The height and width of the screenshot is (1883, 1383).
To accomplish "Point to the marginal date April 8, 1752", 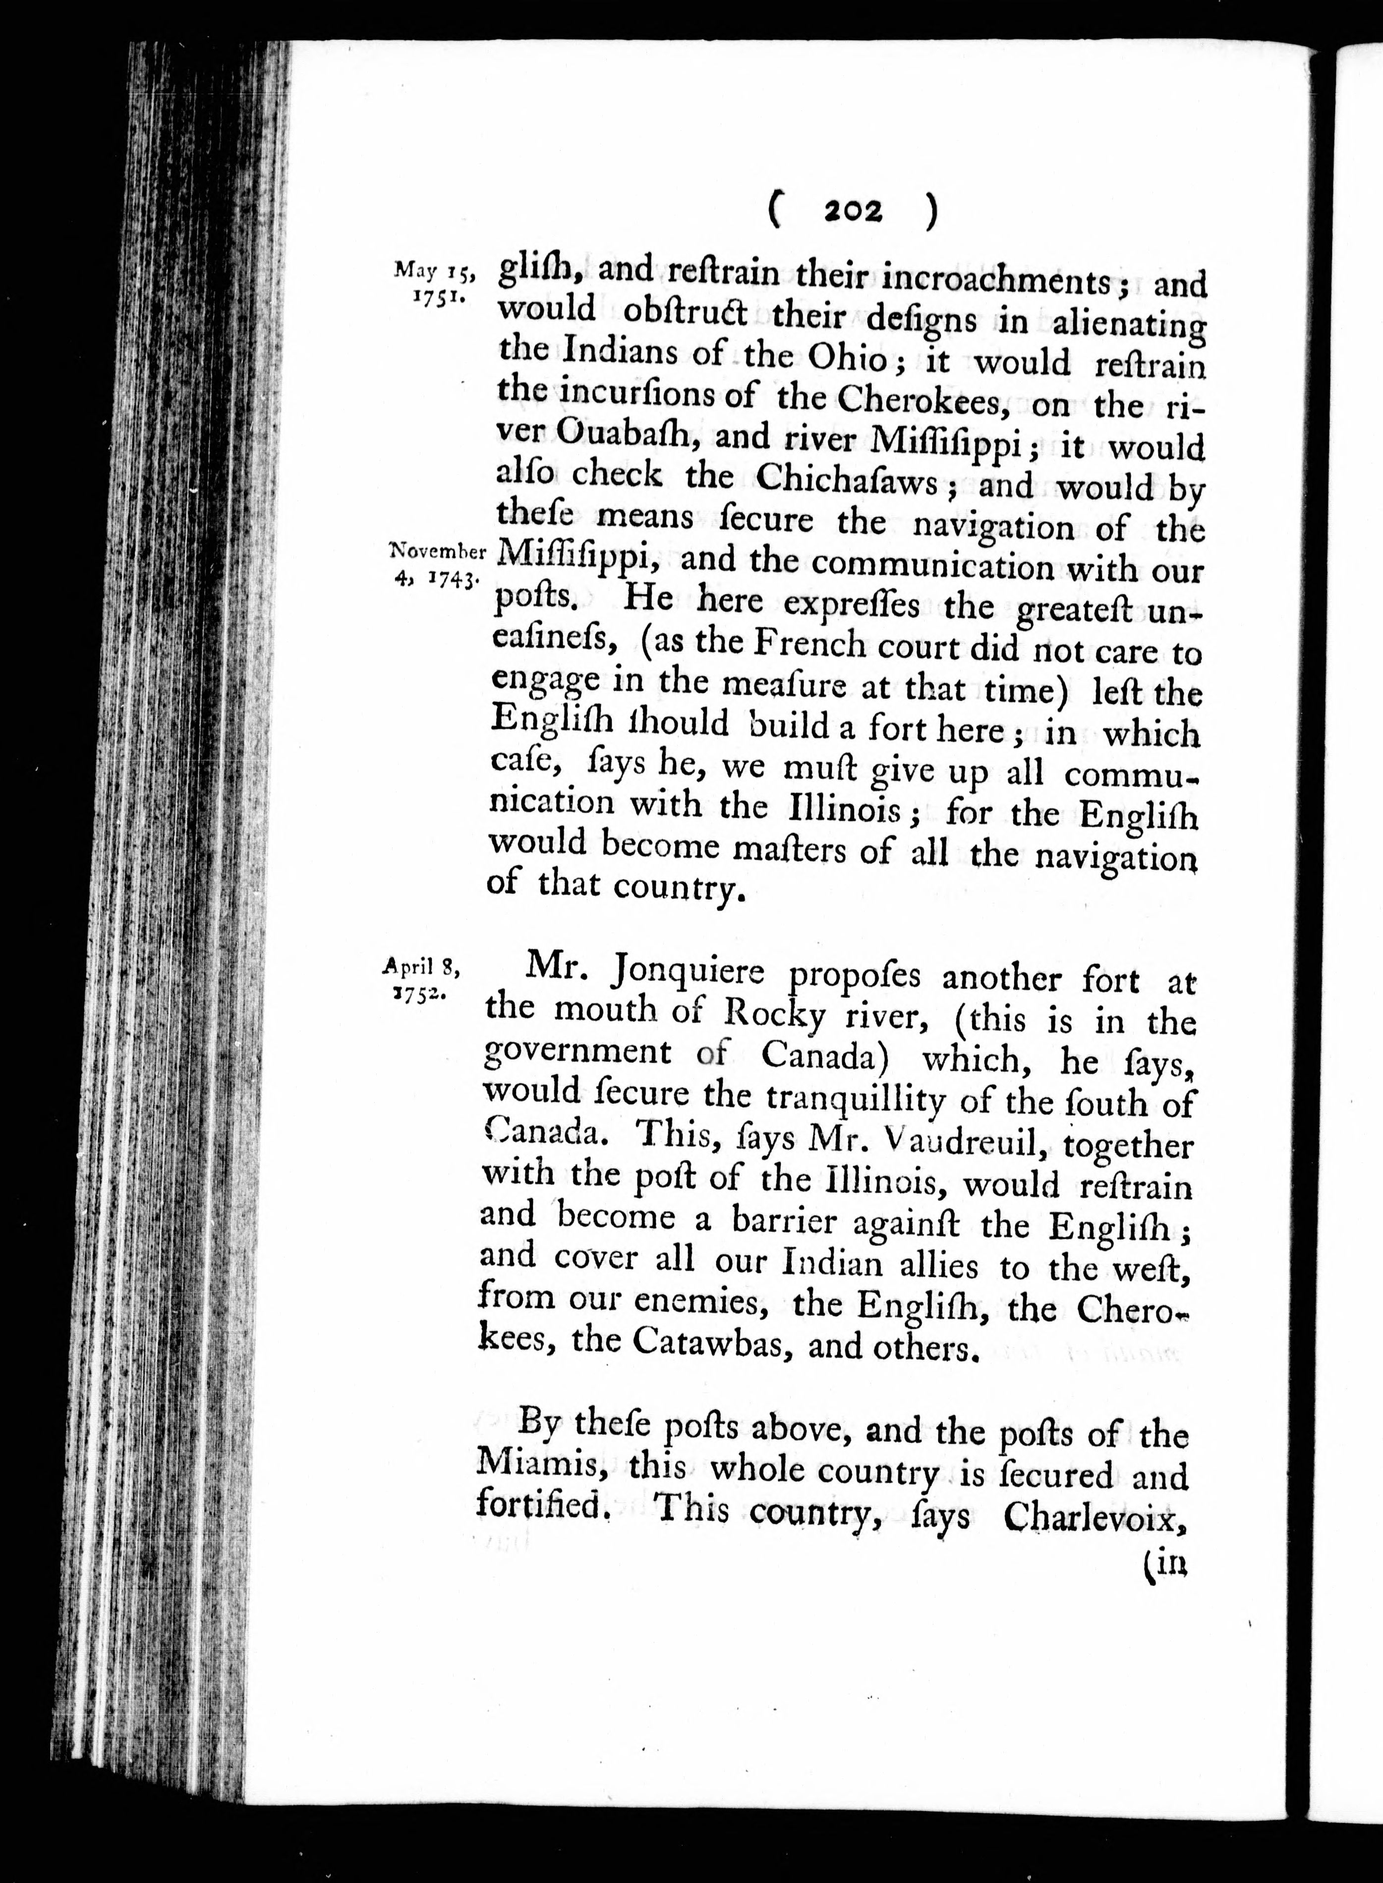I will click(421, 978).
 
